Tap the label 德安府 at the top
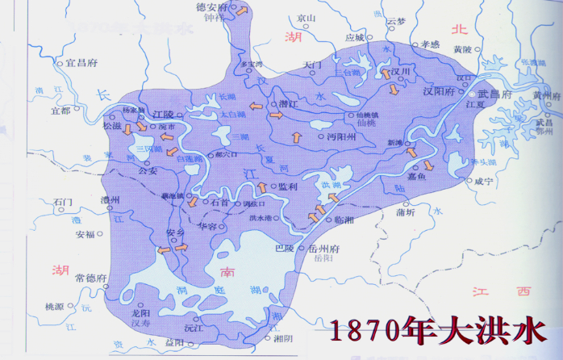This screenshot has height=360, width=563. pyautogui.click(x=213, y=6)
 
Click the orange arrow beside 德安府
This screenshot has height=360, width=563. pyautogui.click(x=241, y=10)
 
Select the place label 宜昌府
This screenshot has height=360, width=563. pyautogui.click(x=81, y=61)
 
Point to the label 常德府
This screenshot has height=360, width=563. pyautogui.click(x=90, y=277)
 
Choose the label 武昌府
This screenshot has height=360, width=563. pyautogui.click(x=495, y=94)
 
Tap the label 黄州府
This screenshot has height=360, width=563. pyautogui.click(x=546, y=95)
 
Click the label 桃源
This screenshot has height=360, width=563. pyautogui.click(x=54, y=307)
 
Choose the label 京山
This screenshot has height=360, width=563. pyautogui.click(x=307, y=17)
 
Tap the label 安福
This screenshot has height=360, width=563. pyautogui.click(x=85, y=235)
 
